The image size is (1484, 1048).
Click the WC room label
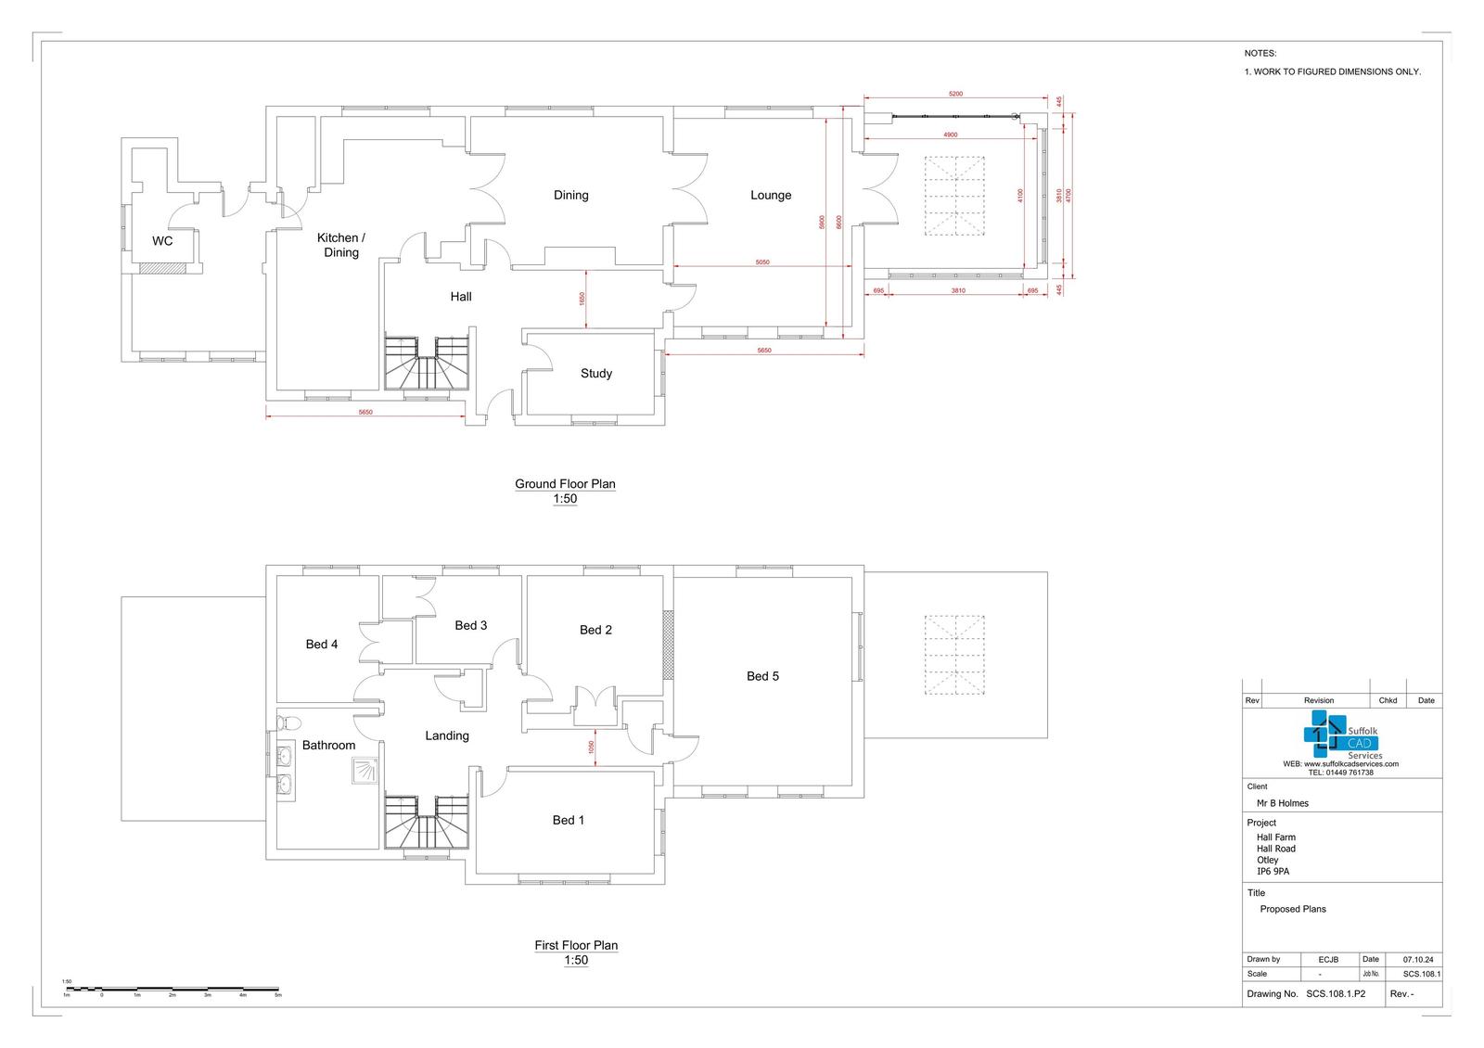click(x=162, y=241)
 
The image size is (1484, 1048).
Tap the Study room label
click(x=596, y=374)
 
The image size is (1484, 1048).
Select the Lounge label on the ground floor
click(x=771, y=196)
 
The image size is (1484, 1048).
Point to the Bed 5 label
click(x=762, y=676)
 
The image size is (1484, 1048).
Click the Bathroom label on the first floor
click(x=328, y=746)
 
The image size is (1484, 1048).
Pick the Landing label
click(x=447, y=736)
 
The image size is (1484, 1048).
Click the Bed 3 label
click(x=470, y=626)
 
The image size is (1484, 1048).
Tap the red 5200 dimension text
click(x=955, y=94)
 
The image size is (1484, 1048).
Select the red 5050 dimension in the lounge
click(x=761, y=262)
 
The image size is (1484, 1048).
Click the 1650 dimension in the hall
click(x=582, y=299)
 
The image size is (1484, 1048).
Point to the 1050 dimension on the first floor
click(x=590, y=748)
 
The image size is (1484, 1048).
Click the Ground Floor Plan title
click(x=565, y=484)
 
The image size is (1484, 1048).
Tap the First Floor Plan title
click(x=576, y=946)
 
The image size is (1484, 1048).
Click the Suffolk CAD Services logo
click(x=1341, y=736)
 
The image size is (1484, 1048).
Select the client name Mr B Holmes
click(x=1282, y=803)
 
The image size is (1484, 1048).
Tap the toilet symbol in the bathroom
click(x=289, y=722)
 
